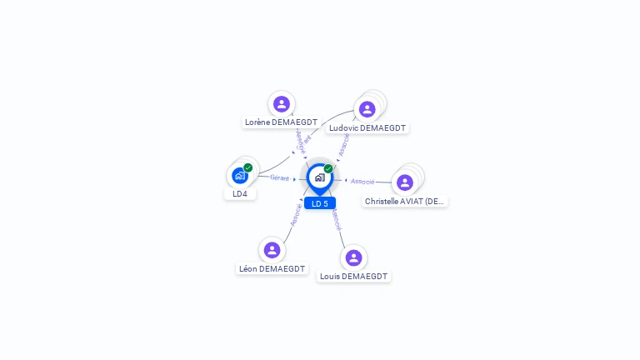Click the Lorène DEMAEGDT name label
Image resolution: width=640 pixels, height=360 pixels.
click(x=281, y=122)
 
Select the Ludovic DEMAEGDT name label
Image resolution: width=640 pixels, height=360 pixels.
click(x=367, y=128)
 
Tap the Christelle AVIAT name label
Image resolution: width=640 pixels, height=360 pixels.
click(x=405, y=201)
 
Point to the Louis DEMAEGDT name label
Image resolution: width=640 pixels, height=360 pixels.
click(x=353, y=276)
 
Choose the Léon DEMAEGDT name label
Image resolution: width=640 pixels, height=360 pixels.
click(x=272, y=268)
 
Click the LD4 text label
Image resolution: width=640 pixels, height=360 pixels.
click(x=240, y=193)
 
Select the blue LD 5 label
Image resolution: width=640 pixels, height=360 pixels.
click(x=320, y=203)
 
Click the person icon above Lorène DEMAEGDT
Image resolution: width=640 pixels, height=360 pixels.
click(x=282, y=103)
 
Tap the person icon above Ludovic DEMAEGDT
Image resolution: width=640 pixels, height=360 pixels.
click(x=367, y=109)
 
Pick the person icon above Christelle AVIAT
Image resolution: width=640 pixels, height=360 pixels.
click(x=405, y=182)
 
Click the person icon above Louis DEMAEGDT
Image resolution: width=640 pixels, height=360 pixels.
click(x=353, y=257)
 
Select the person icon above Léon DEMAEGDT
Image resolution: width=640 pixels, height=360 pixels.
click(x=272, y=249)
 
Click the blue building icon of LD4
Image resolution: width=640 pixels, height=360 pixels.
click(x=239, y=176)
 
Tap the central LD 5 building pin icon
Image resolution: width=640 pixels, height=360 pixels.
click(x=319, y=177)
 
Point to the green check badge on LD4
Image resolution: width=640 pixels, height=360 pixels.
click(x=248, y=167)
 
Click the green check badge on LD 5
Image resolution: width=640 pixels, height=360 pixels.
click(x=328, y=168)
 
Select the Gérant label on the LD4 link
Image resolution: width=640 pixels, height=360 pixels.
click(x=279, y=177)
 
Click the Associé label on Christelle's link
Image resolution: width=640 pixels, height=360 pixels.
click(x=362, y=181)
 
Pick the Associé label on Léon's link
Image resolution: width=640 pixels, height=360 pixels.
click(x=295, y=214)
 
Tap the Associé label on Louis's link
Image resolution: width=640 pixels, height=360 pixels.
click(x=336, y=220)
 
